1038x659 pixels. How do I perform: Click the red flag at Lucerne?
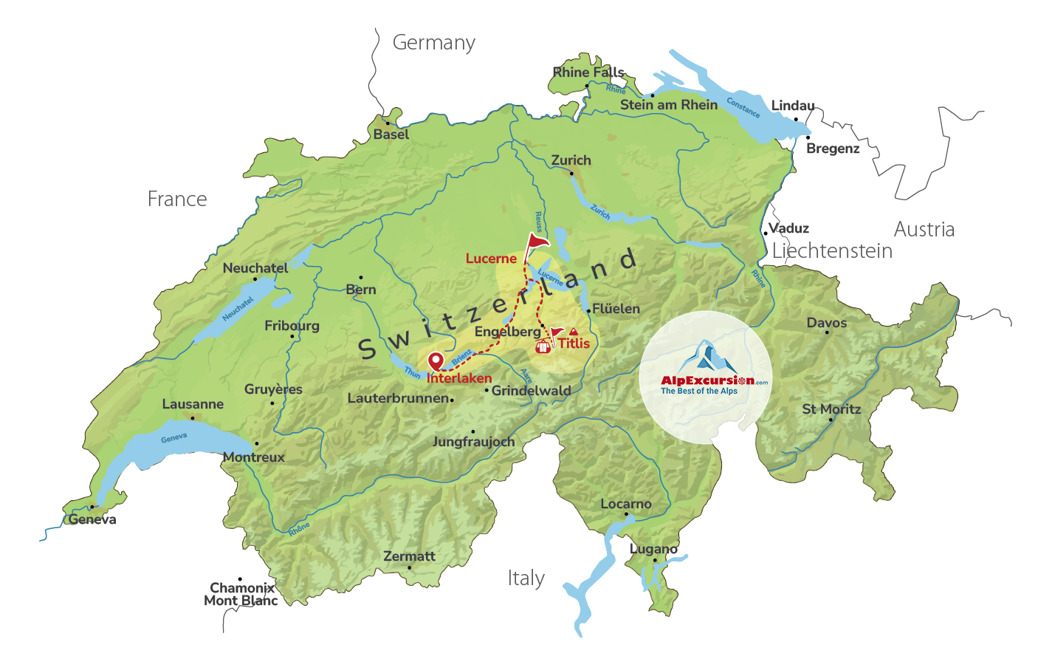click(x=537, y=242)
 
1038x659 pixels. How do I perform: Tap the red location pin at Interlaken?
click(x=436, y=361)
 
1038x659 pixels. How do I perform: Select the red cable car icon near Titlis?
click(x=543, y=345)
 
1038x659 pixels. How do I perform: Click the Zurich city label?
click(x=571, y=160)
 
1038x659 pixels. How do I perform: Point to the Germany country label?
click(x=433, y=43)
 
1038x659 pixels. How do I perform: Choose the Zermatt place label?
click(x=409, y=556)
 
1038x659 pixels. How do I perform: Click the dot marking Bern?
click(x=361, y=278)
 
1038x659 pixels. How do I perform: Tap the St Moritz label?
click(x=831, y=409)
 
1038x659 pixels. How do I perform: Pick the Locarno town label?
click(x=625, y=504)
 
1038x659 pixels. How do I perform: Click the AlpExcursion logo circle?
click(x=705, y=377)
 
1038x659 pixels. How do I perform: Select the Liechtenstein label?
click(x=832, y=251)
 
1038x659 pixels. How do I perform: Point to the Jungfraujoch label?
click(x=473, y=442)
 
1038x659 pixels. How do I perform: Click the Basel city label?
click(x=391, y=134)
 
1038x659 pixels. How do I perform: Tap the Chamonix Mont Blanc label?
click(x=241, y=594)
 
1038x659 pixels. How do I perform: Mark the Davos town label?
click(x=826, y=323)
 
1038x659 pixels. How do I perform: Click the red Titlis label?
click(x=574, y=344)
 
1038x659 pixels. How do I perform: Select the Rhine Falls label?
click(x=588, y=72)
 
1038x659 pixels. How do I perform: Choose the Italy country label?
click(x=526, y=578)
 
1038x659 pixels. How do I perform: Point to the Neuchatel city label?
click(x=255, y=268)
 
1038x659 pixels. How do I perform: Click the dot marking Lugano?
click(x=654, y=560)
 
